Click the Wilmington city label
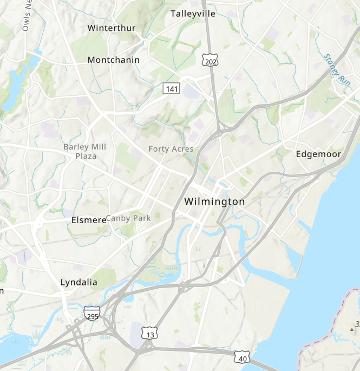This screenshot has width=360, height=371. click(x=214, y=201)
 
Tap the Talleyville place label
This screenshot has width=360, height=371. click(x=193, y=14)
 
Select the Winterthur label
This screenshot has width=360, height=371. click(x=112, y=28)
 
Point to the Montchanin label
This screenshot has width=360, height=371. click(x=114, y=60)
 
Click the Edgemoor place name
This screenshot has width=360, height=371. click(x=319, y=154)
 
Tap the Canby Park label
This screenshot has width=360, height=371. click(x=128, y=218)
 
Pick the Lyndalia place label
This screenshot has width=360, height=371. click(x=79, y=282)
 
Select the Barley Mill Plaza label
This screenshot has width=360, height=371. click(x=85, y=151)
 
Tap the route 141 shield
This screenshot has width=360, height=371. click(x=172, y=88)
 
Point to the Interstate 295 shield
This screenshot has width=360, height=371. click(x=92, y=313)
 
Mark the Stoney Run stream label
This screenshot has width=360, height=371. click(x=337, y=68)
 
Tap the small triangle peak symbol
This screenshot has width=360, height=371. click(x=353, y=328)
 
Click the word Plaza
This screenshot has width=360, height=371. click(x=86, y=156)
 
